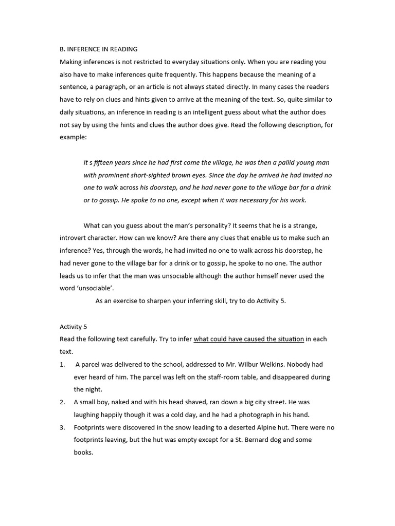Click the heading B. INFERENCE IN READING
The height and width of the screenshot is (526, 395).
[98, 49]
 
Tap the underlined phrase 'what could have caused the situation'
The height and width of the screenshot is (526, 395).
[248, 339]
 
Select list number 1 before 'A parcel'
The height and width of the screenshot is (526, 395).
[62, 364]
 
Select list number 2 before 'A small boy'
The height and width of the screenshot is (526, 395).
[62, 402]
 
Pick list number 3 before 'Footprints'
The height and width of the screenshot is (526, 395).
[62, 427]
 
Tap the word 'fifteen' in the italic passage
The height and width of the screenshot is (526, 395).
[104, 162]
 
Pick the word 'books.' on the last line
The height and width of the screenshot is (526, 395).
[83, 453]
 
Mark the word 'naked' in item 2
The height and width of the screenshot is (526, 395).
[122, 402]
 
